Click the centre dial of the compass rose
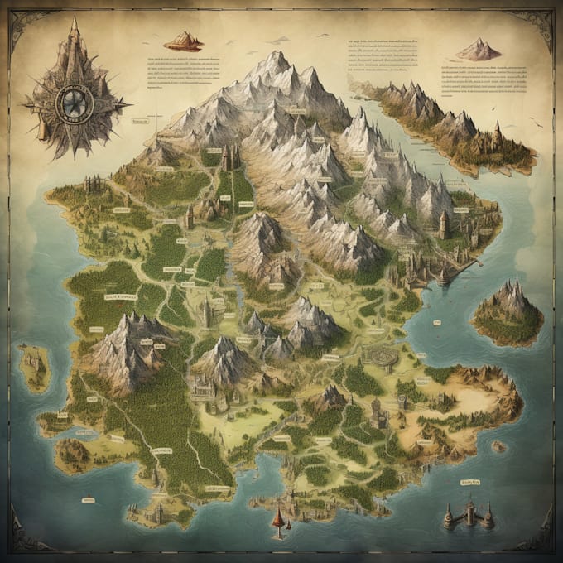click(x=74, y=101)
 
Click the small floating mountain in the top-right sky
click(x=479, y=51)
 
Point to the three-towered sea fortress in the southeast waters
click(x=469, y=515)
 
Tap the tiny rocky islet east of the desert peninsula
click(x=498, y=446)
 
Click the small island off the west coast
click(x=34, y=367)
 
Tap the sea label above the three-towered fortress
click(x=469, y=481)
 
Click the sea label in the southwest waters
click(x=86, y=499)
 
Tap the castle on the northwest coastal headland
click(x=91, y=182)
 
